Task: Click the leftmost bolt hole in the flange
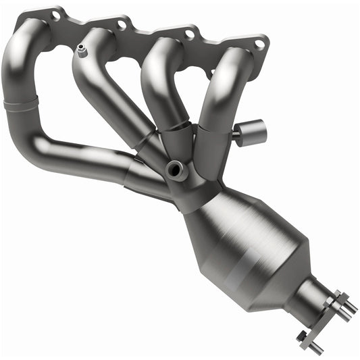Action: pos(54,15)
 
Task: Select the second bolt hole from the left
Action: pos(122,24)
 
